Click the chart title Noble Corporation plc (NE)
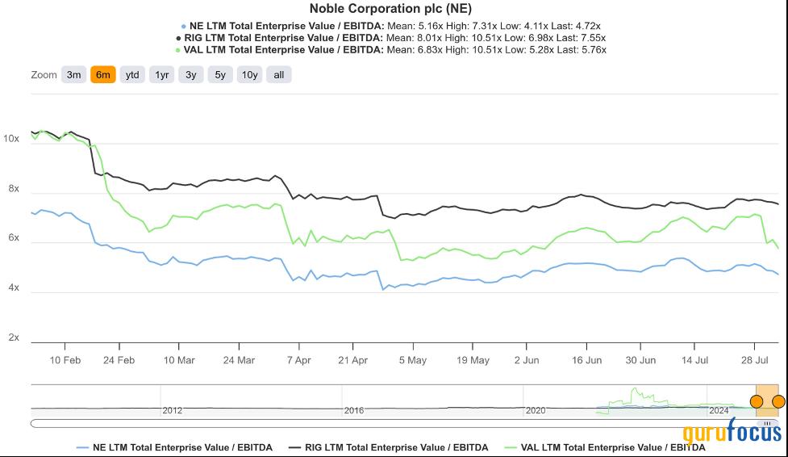point(390,9)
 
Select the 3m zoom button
point(73,75)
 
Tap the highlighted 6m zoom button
point(103,75)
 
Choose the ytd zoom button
point(132,75)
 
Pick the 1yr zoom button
point(162,75)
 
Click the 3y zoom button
point(190,75)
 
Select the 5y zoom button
point(219,75)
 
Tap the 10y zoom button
point(250,75)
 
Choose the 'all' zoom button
point(279,75)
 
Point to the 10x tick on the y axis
point(11,139)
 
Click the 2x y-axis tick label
point(14,338)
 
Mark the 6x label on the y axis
point(14,238)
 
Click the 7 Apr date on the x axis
point(298,360)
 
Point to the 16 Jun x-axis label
point(587,360)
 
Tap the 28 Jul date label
point(753,360)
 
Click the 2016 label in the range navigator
point(354,410)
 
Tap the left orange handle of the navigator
point(757,401)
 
